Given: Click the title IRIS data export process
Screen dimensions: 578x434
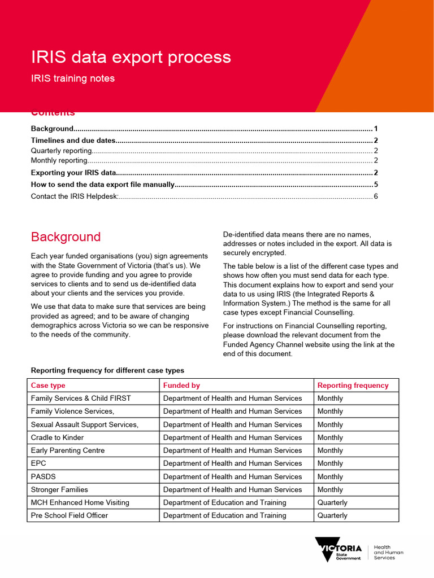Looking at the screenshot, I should (131, 57).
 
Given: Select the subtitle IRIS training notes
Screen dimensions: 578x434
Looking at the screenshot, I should (72, 78).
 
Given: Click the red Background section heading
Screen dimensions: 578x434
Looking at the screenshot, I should (66, 237).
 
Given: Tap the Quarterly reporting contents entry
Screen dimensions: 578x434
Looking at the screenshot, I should (61, 151).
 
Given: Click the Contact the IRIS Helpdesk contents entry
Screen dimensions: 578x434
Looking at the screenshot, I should (74, 196).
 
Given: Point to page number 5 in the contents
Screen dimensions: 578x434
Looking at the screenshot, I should (375, 185).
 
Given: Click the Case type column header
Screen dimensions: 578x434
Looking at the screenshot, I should (48, 386).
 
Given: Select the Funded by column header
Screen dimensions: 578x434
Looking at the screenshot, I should (181, 386).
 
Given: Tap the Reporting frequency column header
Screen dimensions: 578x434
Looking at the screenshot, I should (353, 386).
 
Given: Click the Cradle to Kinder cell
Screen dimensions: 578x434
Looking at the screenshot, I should (57, 437).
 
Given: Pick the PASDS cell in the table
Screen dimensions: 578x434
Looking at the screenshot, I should (44, 476).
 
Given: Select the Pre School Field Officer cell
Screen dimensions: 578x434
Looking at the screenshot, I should (70, 515).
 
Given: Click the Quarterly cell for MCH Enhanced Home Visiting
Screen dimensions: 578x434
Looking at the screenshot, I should (332, 502).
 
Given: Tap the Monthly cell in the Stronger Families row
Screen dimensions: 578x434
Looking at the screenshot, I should (330, 489).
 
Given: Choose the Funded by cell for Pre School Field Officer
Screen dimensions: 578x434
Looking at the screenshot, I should (224, 515).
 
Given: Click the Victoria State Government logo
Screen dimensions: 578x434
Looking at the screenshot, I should (338, 549).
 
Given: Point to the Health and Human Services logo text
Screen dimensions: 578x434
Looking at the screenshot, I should (389, 552).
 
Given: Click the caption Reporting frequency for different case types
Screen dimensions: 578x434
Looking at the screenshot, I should (107, 370).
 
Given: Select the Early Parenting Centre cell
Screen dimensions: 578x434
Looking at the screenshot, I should (68, 450).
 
